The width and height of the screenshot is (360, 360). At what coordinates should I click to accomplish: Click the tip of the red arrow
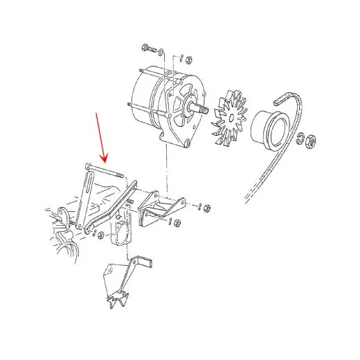click(x=105, y=159)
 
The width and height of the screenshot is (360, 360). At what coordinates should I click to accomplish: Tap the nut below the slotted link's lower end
click(x=100, y=235)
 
